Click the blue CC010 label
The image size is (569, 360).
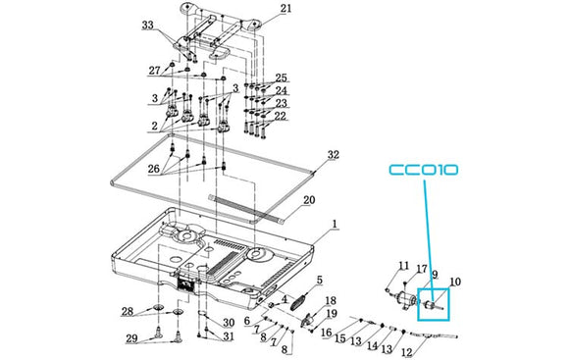click(x=424, y=171)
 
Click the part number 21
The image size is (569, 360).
click(x=285, y=9)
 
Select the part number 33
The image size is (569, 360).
click(x=148, y=26)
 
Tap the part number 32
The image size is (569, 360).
click(x=334, y=155)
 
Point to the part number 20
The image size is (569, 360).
click(x=309, y=200)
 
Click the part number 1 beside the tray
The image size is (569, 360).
click(x=335, y=224)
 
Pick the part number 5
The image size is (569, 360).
click(x=320, y=280)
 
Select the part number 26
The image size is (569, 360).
click(x=153, y=169)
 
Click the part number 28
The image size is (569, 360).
click(x=128, y=311)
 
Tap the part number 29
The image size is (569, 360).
click(x=131, y=338)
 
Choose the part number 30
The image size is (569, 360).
click(x=229, y=323)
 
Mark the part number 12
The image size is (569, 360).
click(x=407, y=352)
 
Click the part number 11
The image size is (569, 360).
click(x=403, y=266)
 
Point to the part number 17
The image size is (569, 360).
click(x=422, y=270)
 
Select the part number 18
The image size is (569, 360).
click(x=331, y=300)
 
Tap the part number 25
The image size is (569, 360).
click(x=281, y=77)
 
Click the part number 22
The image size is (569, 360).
click(x=281, y=116)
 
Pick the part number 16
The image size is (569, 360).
click(x=327, y=333)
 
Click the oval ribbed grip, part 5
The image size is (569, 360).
click(x=298, y=302)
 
